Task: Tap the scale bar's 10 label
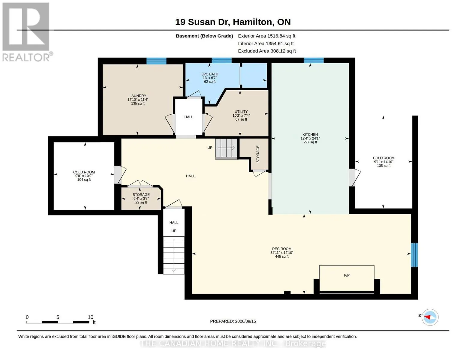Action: pos(91,317)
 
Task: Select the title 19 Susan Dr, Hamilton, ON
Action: pos(233,22)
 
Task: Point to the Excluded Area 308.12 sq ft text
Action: pos(267,51)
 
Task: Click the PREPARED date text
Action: pos(233,321)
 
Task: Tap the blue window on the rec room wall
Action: pos(414,255)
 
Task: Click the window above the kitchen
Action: pos(314,61)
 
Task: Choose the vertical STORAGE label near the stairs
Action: pos(258,154)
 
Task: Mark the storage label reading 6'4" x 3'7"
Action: pos(141,198)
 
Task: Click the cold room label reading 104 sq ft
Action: pos(84,176)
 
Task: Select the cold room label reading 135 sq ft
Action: pos(383,162)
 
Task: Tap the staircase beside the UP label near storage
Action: pos(226,148)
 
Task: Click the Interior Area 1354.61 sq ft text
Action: pos(266,43)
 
